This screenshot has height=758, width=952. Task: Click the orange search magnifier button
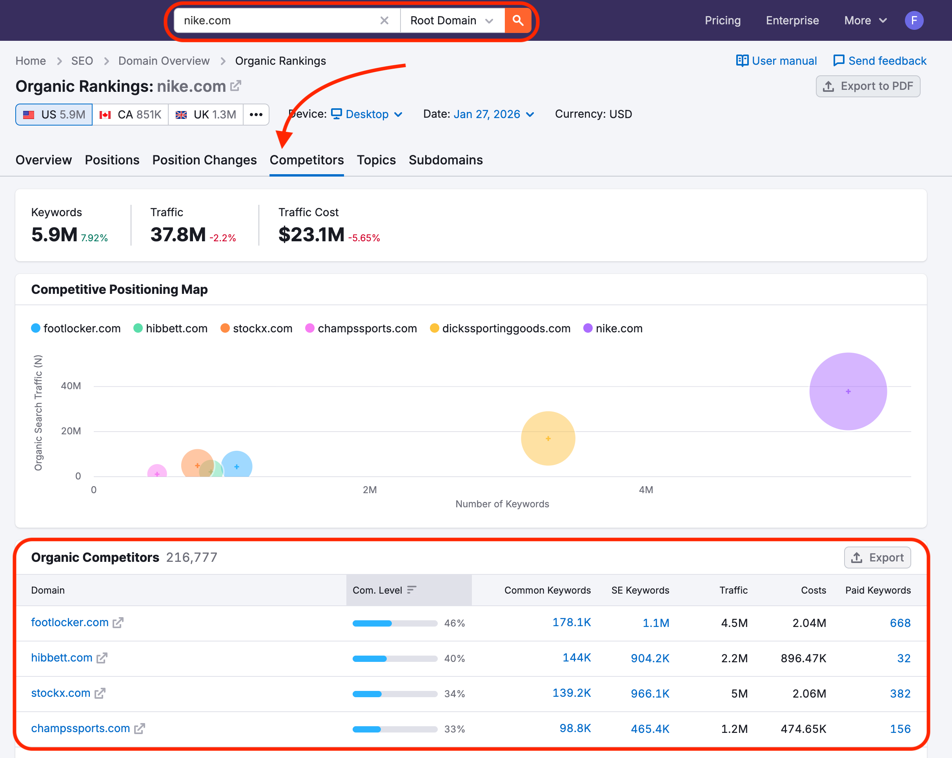point(517,20)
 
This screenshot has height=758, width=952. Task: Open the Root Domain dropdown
point(451,20)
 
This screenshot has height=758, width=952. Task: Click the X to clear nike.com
point(384,20)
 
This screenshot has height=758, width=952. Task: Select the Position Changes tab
point(204,160)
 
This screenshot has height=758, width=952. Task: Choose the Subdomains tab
point(446,160)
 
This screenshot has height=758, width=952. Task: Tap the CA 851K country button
point(130,115)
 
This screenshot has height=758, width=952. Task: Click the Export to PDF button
point(868,86)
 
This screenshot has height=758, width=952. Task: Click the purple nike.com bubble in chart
point(848,392)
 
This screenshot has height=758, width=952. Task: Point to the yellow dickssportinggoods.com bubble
point(548,438)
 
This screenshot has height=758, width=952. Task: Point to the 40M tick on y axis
point(71,386)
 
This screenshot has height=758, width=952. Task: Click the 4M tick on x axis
point(646,489)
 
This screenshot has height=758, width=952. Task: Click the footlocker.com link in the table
point(70,622)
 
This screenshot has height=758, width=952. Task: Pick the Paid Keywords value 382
point(900,693)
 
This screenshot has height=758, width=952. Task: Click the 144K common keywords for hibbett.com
point(576,657)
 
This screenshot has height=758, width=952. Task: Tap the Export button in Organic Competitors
point(877,558)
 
